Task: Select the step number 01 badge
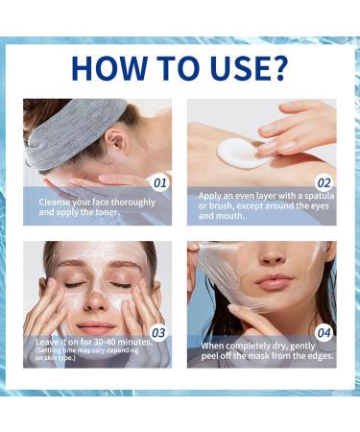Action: [x=159, y=181]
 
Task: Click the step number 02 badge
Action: [x=324, y=181]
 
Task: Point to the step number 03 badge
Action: [x=159, y=333]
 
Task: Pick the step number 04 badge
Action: [x=324, y=333]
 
